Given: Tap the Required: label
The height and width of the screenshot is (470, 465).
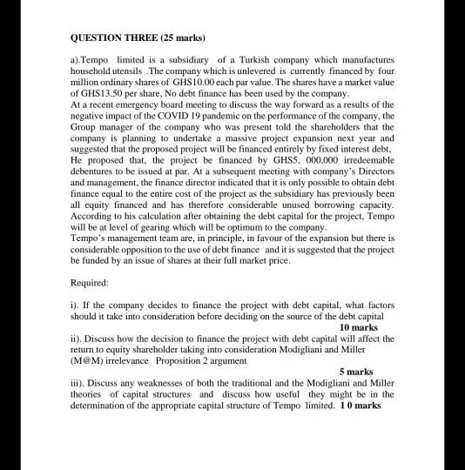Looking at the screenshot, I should point(88,283).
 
